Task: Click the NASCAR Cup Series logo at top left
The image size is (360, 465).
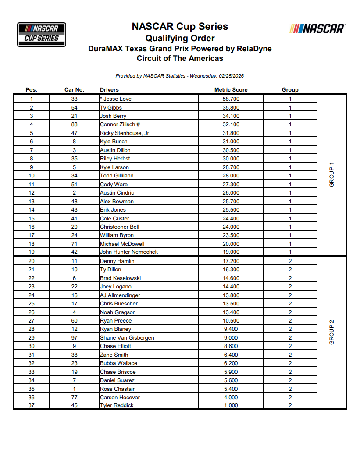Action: click(41, 35)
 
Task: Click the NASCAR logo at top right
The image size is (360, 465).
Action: click(317, 29)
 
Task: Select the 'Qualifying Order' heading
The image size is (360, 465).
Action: click(180, 38)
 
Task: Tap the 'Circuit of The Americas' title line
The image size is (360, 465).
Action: click(180, 58)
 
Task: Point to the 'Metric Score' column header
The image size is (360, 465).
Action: click(231, 90)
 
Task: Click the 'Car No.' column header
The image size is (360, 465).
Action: click(74, 90)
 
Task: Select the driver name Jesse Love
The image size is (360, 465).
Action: click(117, 99)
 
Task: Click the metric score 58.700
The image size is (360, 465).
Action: click(231, 99)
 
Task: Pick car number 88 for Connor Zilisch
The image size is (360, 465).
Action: click(74, 124)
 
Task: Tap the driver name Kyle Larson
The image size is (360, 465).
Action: click(114, 167)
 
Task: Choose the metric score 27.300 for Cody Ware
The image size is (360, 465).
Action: click(231, 185)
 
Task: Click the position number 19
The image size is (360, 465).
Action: click(31, 252)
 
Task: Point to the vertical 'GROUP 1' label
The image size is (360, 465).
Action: click(331, 175)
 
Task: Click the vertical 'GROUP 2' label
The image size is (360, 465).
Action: click(331, 333)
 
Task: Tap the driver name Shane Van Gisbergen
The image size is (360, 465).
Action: click(127, 338)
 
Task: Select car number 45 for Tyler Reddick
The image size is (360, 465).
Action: click(74, 405)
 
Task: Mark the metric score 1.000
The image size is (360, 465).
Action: click(231, 405)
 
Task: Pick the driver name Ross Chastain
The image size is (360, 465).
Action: click(118, 389)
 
